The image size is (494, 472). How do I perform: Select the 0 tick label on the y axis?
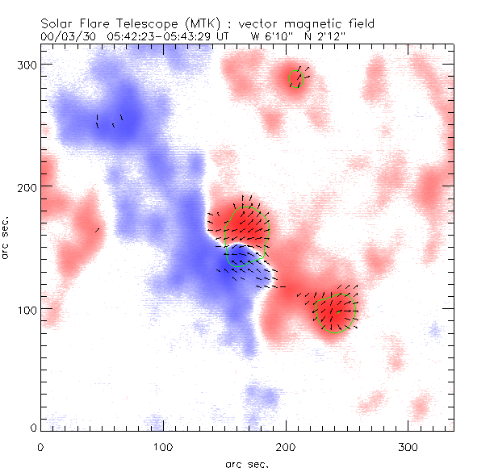(x=32, y=427)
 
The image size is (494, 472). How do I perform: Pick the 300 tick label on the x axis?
(x=408, y=446)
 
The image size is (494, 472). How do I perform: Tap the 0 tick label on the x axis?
(x=40, y=446)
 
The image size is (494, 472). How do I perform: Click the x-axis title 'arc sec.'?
(x=246, y=464)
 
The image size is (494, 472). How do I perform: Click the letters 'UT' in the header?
(x=220, y=36)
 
